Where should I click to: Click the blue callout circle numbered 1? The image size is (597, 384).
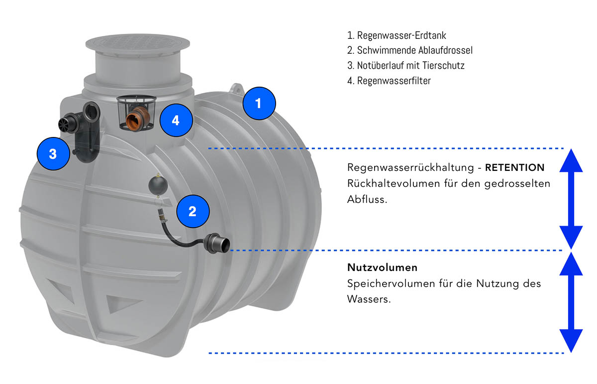tap(259, 103)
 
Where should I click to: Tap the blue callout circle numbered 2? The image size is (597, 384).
tap(193, 211)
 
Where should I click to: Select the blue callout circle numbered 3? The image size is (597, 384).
tap(53, 154)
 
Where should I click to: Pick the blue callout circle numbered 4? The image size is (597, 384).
tap(176, 120)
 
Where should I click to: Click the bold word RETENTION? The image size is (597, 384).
tap(514, 167)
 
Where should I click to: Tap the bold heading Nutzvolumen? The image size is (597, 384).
tap(382, 267)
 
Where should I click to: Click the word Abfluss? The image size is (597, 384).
tap(367, 199)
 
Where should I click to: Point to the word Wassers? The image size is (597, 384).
tap(369, 299)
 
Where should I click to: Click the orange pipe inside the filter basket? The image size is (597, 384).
tap(137, 119)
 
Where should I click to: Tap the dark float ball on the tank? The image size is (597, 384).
tap(158, 184)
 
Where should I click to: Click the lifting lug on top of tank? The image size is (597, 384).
tap(236, 89)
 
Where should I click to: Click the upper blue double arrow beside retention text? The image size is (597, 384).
tap(571, 199)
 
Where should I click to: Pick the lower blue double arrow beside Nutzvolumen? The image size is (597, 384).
tap(571, 303)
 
